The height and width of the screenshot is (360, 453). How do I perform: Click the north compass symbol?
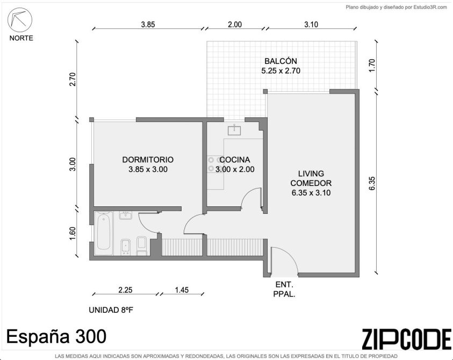pyautogui.click(x=20, y=20)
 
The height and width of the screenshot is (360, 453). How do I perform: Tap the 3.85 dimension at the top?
pyautogui.click(x=148, y=25)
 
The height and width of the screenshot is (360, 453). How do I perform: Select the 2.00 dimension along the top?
pyautogui.click(x=235, y=25)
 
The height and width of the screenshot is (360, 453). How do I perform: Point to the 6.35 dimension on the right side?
pyautogui.click(x=372, y=183)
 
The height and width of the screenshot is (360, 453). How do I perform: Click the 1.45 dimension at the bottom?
pyautogui.click(x=182, y=290)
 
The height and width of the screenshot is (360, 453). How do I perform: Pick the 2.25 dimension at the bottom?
pyautogui.click(x=125, y=290)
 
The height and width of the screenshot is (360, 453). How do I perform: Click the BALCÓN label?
pyautogui.click(x=281, y=61)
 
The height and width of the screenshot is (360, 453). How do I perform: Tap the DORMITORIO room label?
pyautogui.click(x=148, y=160)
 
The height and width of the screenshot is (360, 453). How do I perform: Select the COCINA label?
pyautogui.click(x=235, y=160)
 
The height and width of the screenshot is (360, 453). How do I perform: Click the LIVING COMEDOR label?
pyautogui.click(x=311, y=178)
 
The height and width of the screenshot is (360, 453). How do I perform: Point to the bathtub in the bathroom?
pyautogui.click(x=103, y=233)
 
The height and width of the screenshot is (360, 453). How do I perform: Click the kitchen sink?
pyautogui.click(x=234, y=129)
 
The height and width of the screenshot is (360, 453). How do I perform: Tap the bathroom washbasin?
pyautogui.click(x=126, y=215)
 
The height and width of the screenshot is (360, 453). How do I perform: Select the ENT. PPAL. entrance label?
pyautogui.click(x=284, y=290)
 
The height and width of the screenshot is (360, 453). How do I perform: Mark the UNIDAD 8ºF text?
pyautogui.click(x=111, y=310)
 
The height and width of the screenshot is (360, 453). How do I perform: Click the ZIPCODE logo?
pyautogui.click(x=406, y=339)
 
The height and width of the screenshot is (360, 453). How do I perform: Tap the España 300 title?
pyautogui.click(x=56, y=336)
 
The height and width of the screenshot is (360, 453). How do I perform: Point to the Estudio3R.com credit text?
pyautogui.click(x=397, y=7)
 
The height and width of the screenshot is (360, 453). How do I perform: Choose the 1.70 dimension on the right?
pyautogui.click(x=372, y=66)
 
